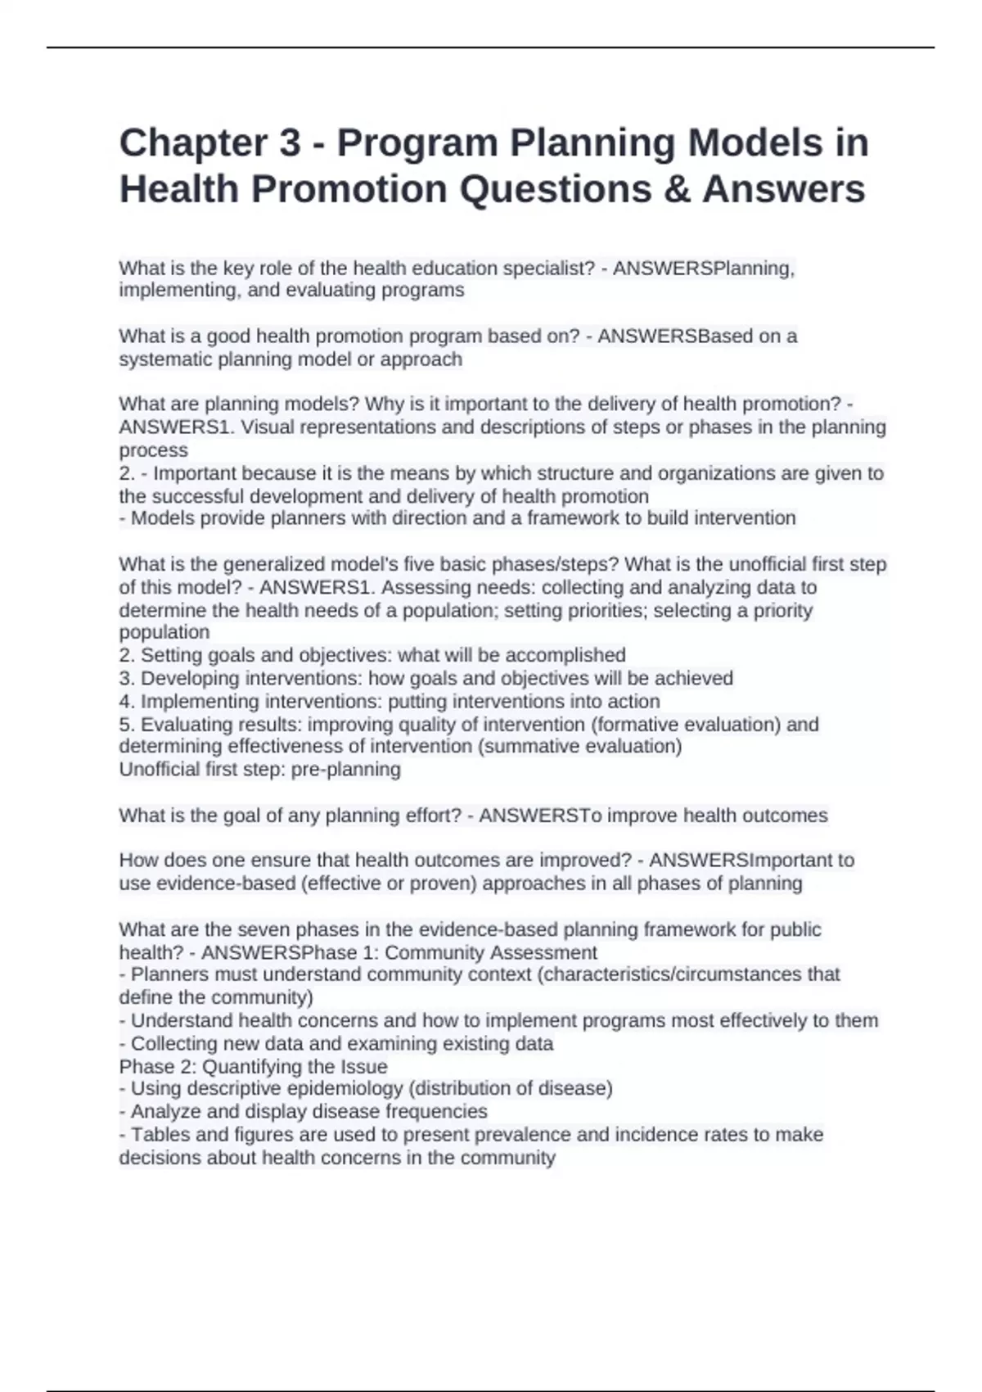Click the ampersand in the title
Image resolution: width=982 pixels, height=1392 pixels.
pos(675,189)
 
